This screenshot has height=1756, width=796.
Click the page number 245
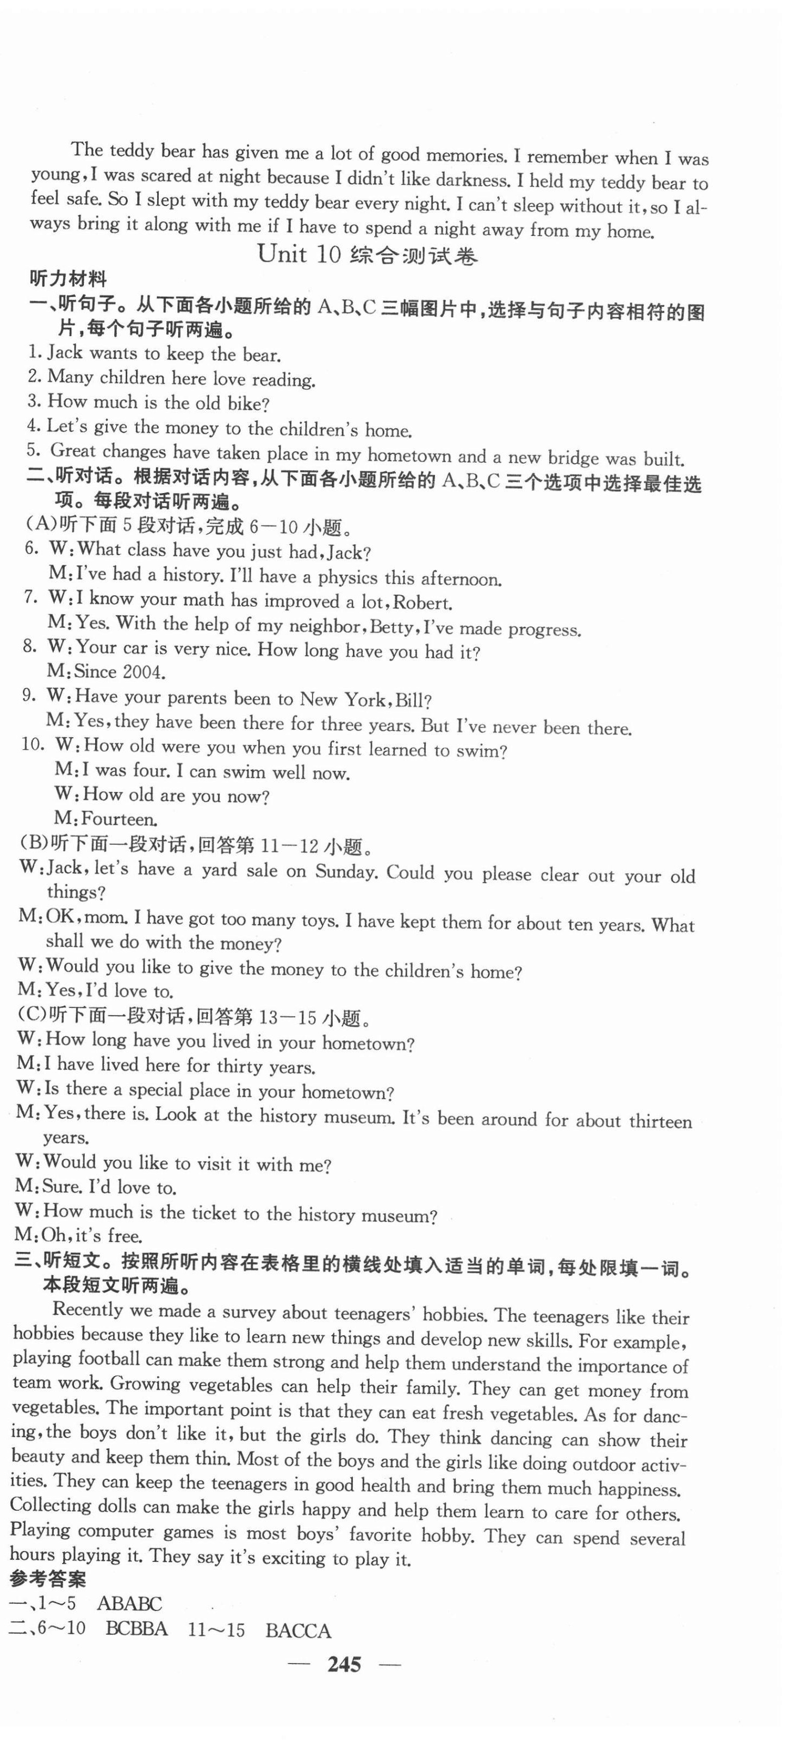point(344,1664)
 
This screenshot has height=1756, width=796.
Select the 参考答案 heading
point(48,1579)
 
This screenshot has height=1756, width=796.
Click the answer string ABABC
point(129,1603)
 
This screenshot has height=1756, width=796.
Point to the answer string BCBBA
point(136,1629)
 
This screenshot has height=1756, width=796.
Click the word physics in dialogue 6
point(347,577)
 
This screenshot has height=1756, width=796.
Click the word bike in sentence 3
point(247,403)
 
